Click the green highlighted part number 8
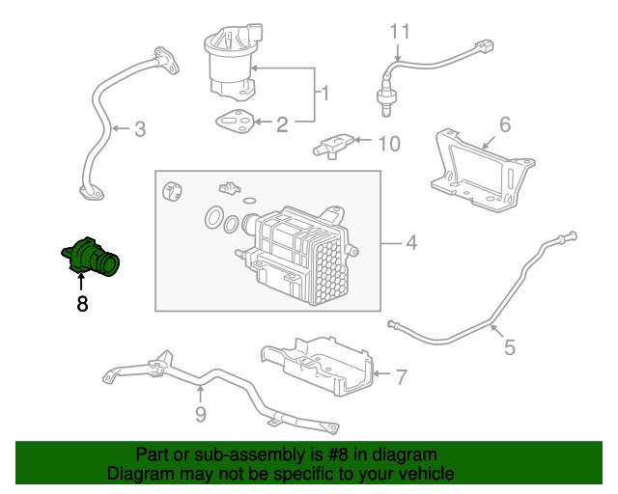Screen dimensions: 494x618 pyautogui.click(x=92, y=257)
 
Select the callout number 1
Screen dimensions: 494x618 pyautogui.click(x=325, y=94)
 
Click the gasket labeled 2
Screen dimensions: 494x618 pyautogui.click(x=234, y=123)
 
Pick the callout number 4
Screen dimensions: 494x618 pyautogui.click(x=410, y=242)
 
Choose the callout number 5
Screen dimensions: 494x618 pyautogui.click(x=508, y=345)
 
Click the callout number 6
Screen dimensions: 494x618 pyautogui.click(x=504, y=124)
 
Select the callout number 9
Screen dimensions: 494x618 pyautogui.click(x=200, y=416)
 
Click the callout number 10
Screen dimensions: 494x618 pyautogui.click(x=387, y=144)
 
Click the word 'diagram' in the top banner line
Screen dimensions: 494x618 pyautogui.click(x=404, y=453)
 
